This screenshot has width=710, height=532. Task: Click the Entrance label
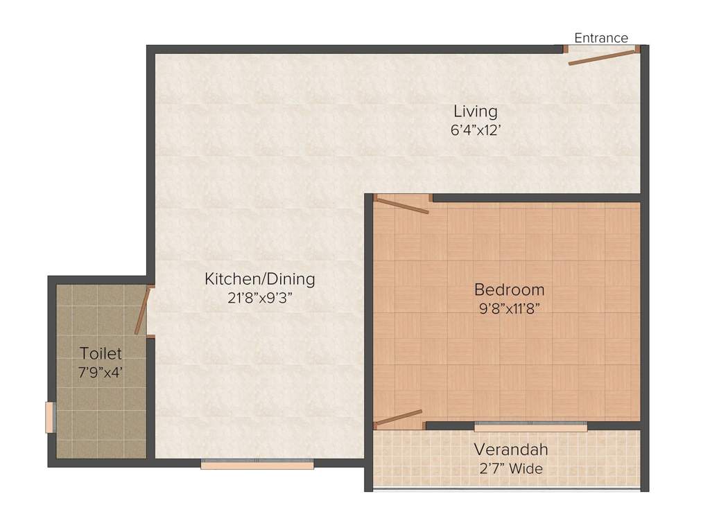click(x=601, y=38)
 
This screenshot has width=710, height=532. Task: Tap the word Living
click(x=476, y=111)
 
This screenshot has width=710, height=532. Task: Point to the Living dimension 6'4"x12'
click(x=476, y=130)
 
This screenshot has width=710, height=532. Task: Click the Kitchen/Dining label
click(x=259, y=279)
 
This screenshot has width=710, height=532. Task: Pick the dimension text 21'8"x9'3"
click(x=259, y=299)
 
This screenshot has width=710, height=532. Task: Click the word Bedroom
click(x=509, y=290)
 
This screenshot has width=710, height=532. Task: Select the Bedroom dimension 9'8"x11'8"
click(x=509, y=309)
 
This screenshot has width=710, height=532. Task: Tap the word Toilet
click(x=101, y=353)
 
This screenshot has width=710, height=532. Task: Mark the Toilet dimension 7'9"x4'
click(x=101, y=372)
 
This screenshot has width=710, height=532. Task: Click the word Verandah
click(x=511, y=450)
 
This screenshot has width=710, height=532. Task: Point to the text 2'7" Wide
click(x=511, y=468)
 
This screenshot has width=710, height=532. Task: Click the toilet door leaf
click(x=142, y=312)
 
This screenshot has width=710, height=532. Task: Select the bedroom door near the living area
click(x=402, y=206)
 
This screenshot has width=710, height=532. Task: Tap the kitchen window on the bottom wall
click(x=257, y=465)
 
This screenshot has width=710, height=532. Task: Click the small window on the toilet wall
click(x=50, y=417)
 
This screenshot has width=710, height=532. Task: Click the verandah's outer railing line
click(x=506, y=490)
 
